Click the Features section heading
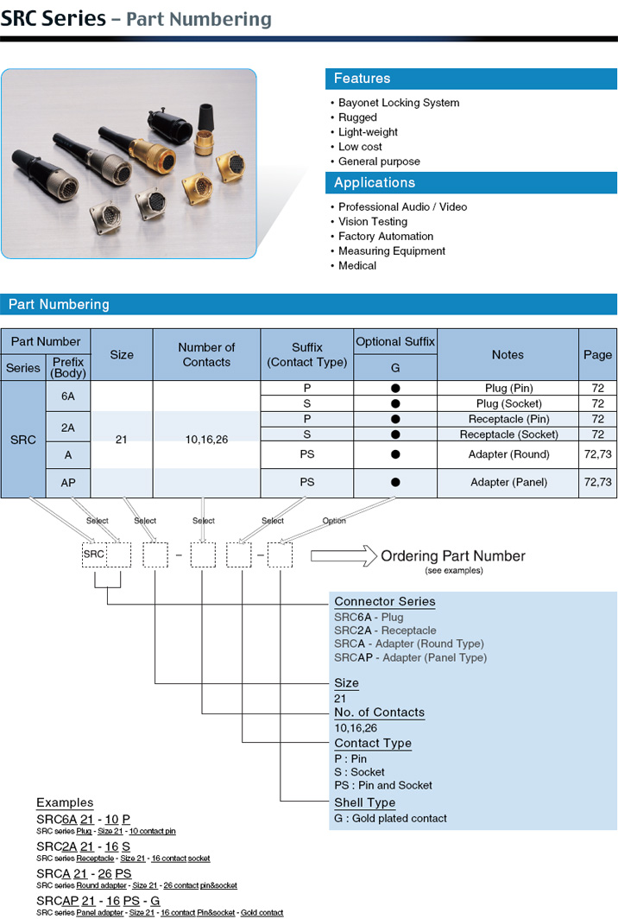coord(362,79)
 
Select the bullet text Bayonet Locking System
coord(398,103)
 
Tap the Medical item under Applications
coord(356,265)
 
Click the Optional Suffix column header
coord(395,342)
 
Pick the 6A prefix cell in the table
coord(68,396)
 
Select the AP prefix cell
coord(68,483)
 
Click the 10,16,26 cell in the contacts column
coord(206,440)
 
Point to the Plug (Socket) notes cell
coord(508,404)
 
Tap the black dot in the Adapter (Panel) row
coord(395,482)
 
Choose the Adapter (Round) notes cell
coord(508,454)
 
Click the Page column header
coord(597,355)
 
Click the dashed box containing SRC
coord(94,555)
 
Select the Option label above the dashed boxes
coord(334,521)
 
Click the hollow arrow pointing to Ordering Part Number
coord(344,555)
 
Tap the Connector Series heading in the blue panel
coord(385,601)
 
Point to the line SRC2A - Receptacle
coord(385,631)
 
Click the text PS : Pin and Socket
coord(383,785)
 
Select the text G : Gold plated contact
coord(390,818)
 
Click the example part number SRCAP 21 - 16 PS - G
coord(98,901)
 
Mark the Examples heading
coord(65,802)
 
